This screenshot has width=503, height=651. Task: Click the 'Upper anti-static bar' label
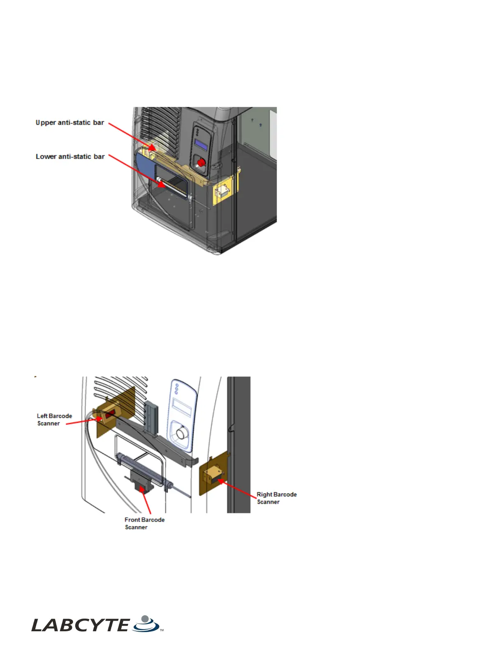coord(70,122)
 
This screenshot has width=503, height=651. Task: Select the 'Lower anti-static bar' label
coord(70,157)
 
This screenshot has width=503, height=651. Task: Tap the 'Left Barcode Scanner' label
coord(54,420)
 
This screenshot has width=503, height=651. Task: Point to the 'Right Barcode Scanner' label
coord(277,498)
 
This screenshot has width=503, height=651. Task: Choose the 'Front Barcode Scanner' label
coord(144,524)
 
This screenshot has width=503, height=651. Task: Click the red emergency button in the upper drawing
coord(201,163)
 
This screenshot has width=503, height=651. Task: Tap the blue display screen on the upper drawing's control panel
coord(201,145)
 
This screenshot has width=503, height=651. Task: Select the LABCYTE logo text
coord(80,626)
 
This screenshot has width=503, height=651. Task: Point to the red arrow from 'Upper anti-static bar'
coord(132,136)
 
